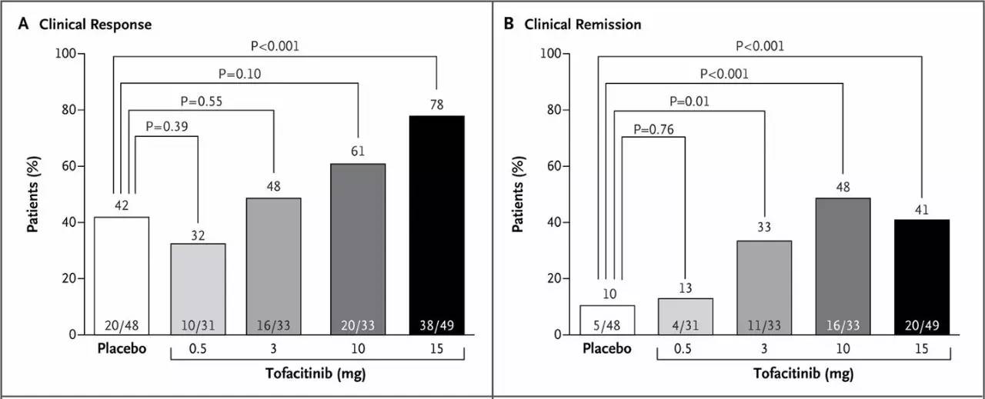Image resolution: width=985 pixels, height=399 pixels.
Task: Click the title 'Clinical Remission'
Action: (x=583, y=25)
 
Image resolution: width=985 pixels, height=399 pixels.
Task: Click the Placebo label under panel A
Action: (x=122, y=348)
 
